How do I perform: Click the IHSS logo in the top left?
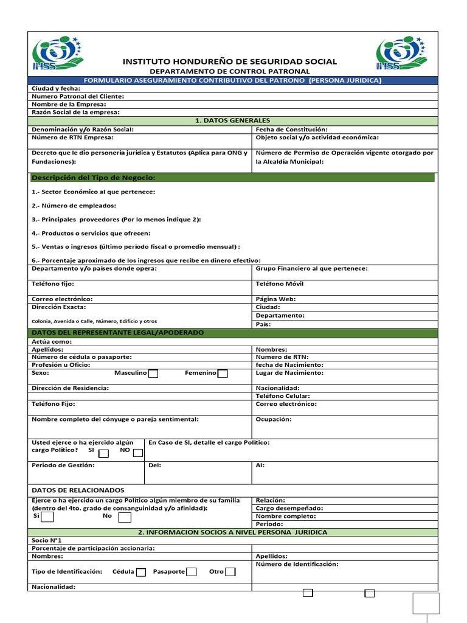point(57,54)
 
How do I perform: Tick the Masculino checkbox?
point(153,374)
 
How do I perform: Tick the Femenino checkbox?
point(223,374)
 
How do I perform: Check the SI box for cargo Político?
point(104,453)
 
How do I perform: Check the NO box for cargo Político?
point(138,453)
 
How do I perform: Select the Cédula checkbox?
point(141,572)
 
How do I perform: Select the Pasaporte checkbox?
point(191,572)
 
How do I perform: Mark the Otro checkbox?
point(230,572)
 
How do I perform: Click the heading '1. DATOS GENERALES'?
point(233,120)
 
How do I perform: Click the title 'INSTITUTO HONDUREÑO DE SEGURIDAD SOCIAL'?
point(230,62)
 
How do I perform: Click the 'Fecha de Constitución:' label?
point(291,129)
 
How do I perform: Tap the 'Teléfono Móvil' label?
point(280,284)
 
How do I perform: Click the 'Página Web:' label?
point(275,299)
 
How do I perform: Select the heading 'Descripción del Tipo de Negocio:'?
point(93,178)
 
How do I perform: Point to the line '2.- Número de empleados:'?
point(74,206)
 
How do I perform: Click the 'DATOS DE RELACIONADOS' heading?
point(77,490)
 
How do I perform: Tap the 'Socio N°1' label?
point(47,540)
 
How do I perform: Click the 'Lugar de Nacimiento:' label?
point(289,372)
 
